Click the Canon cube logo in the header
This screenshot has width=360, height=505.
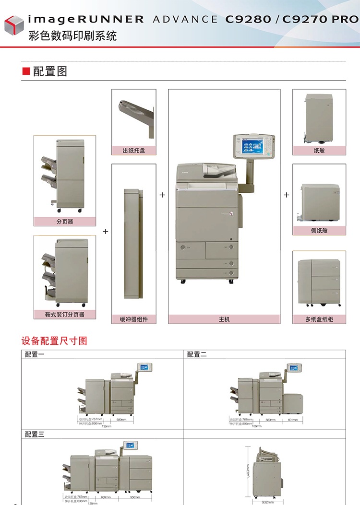tap(14, 24)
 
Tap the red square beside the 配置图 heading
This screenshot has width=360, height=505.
tap(26, 71)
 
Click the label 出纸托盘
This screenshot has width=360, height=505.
tap(133, 151)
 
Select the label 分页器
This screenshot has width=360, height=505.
tap(65, 222)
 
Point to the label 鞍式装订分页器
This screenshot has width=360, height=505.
tap(65, 315)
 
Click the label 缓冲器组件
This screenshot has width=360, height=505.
tap(133, 319)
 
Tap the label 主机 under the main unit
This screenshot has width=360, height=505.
tap(224, 319)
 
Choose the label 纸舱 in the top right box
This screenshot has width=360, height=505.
tap(319, 151)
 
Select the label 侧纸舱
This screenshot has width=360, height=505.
tap(319, 231)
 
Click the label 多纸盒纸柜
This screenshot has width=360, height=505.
tap(319, 319)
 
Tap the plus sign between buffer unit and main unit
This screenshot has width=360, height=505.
tap(162, 195)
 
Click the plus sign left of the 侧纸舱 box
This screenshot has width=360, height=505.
tap(287, 195)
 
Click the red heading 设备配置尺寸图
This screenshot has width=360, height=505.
tap(54, 341)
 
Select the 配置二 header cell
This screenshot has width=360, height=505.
tap(197, 354)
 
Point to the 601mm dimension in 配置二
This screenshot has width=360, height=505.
tap(292, 419)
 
